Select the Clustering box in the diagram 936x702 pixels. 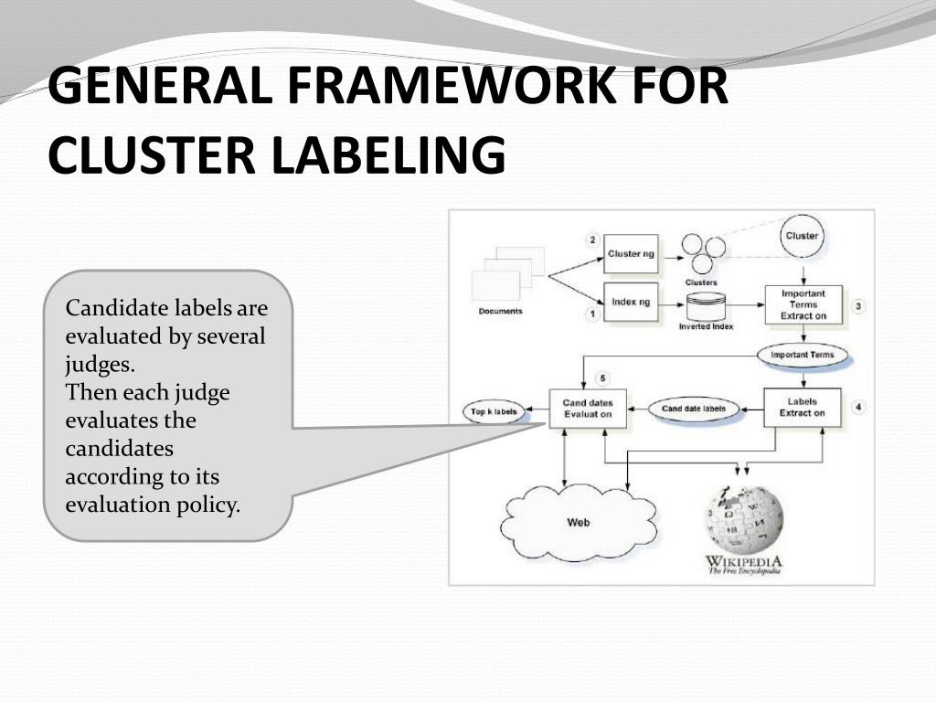tap(632, 253)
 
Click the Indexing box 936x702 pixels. tap(632, 302)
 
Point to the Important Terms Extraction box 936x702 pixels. tap(803, 304)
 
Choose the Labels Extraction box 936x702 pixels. tap(802, 407)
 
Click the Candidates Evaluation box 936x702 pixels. tap(588, 409)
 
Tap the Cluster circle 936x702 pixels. tap(802, 236)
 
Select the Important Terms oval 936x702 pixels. tap(803, 355)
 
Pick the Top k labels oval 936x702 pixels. tap(494, 412)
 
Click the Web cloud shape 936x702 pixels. tap(578, 522)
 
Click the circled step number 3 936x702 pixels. tap(857, 306)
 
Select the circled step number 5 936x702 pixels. tap(601, 378)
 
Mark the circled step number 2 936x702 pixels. tap(592, 240)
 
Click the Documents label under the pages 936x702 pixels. tap(500, 312)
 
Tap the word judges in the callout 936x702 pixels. tap(98, 365)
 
